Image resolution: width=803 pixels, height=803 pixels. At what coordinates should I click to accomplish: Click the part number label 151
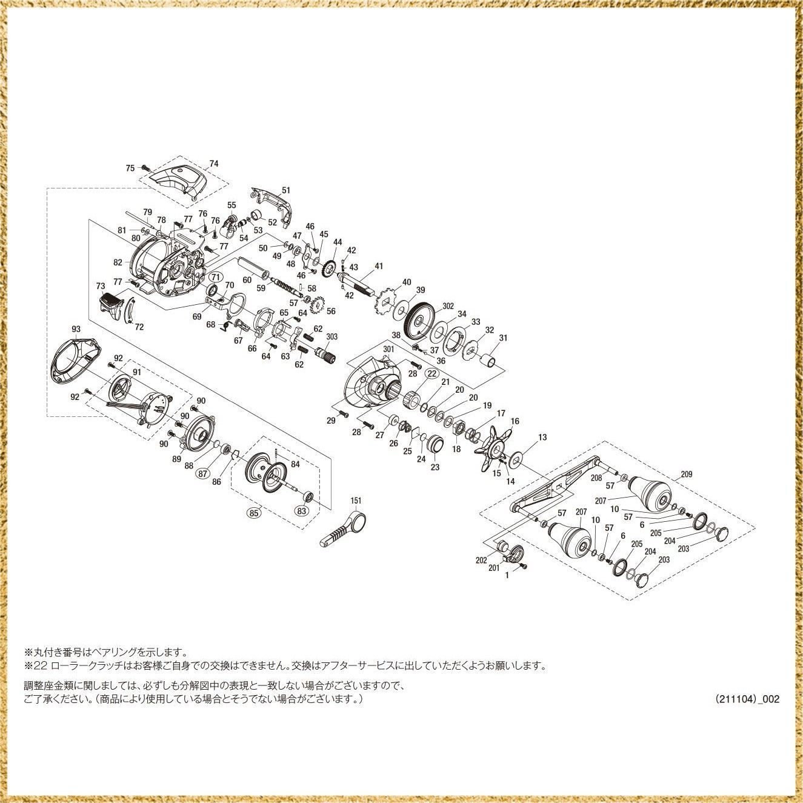tap(356, 501)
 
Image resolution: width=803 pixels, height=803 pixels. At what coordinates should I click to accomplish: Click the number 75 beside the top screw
tap(130, 168)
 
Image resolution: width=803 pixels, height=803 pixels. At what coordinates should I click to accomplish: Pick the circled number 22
tap(431, 373)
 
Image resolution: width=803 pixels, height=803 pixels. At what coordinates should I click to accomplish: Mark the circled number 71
tap(214, 277)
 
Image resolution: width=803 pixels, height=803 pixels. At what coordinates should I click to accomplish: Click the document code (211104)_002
tap(747, 699)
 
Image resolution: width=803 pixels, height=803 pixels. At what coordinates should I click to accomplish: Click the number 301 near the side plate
tap(388, 349)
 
